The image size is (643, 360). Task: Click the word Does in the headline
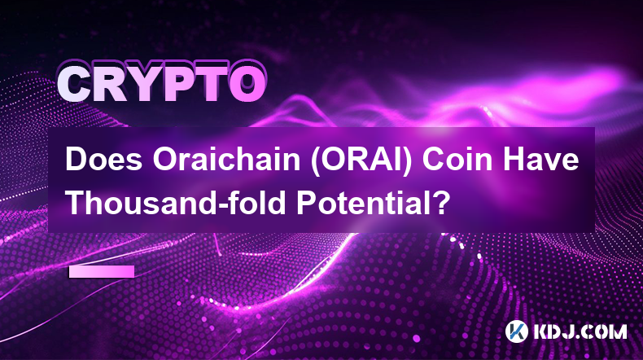104,160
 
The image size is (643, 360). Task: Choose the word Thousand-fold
177,202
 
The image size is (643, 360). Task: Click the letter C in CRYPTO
75,85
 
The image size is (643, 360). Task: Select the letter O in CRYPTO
247,85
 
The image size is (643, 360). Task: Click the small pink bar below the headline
102,271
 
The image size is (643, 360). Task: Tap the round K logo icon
517,331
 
